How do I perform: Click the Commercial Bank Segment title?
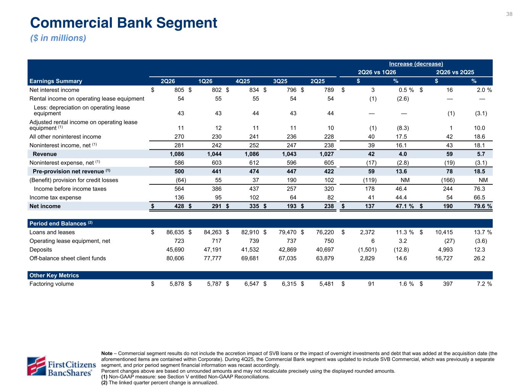tap(123, 23)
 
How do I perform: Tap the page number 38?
tap(509, 14)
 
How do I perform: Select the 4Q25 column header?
tap(243, 81)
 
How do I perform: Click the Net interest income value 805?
tap(179, 90)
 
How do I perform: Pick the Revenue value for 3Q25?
tap(289, 154)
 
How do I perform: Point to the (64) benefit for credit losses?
tap(181, 180)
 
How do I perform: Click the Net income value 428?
tap(179, 206)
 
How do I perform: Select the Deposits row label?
tap(40, 249)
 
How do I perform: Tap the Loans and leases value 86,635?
tap(175, 232)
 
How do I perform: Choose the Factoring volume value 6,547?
tap(252, 284)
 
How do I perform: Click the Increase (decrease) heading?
tap(416, 64)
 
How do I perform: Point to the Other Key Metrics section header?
tap(54, 275)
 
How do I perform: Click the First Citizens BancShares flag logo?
tap(36, 365)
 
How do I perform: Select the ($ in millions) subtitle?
tap(58, 38)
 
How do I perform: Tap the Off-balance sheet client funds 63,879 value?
tap(325, 258)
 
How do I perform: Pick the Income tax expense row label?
tap(55, 197)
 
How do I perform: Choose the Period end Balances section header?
tap(61, 223)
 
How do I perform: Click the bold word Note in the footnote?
tap(107, 353)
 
